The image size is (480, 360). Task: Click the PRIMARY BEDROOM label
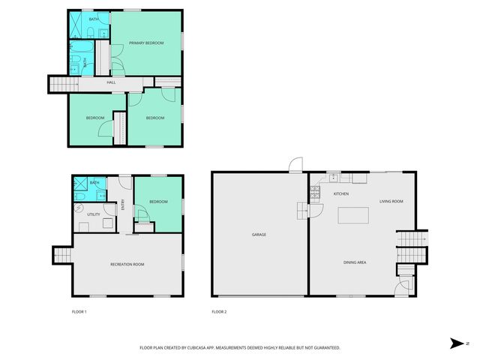[x=146, y=43]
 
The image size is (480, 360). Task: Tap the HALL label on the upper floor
[x=111, y=82]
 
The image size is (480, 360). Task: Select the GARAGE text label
[x=259, y=235]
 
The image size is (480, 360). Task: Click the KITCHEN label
[x=341, y=194]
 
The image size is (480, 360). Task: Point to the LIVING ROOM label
[x=391, y=201]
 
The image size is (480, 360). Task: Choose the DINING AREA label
[x=355, y=262]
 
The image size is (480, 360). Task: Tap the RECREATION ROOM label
[x=127, y=265]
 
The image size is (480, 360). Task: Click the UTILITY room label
[x=94, y=214]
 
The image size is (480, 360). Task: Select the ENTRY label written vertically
[x=123, y=203]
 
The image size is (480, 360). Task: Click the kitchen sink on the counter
[x=334, y=179]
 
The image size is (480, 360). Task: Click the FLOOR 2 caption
[x=219, y=311]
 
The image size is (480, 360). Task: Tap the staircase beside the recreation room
[x=61, y=255]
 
